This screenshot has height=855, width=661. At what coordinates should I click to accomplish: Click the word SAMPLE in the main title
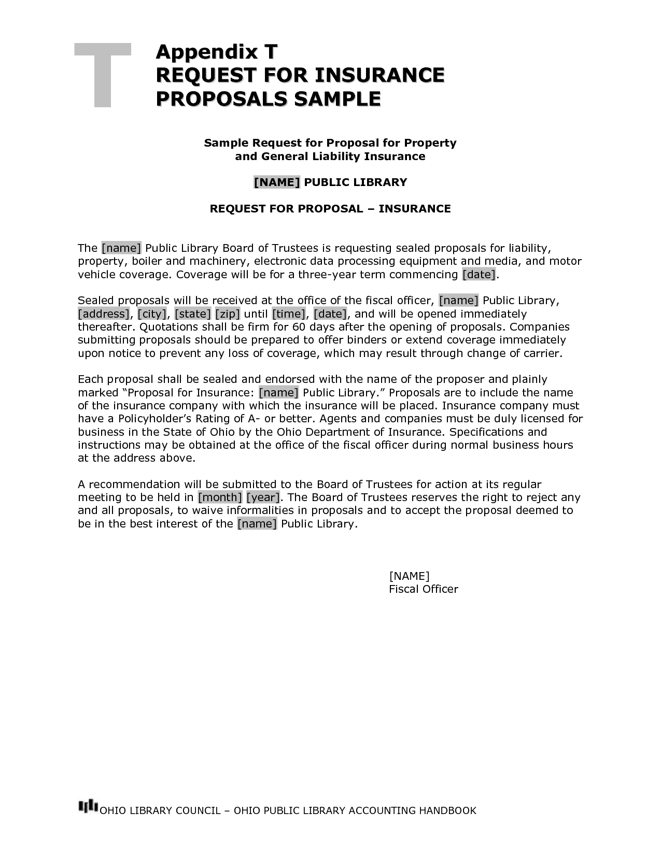pyautogui.click(x=337, y=98)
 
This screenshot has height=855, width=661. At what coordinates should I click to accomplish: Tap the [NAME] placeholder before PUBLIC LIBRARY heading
pyautogui.click(x=276, y=182)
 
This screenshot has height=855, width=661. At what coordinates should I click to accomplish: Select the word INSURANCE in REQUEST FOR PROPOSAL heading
pyautogui.click(x=414, y=209)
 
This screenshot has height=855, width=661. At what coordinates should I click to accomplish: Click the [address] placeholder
pyautogui.click(x=104, y=314)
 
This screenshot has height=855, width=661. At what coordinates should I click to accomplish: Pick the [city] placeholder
pyautogui.click(x=152, y=314)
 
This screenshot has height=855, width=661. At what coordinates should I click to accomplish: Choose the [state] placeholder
pyautogui.click(x=192, y=314)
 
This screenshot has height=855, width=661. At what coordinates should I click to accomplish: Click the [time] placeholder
pyautogui.click(x=289, y=314)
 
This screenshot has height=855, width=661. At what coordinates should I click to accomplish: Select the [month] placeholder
pyautogui.click(x=220, y=497)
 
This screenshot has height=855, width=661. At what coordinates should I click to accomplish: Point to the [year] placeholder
pyautogui.click(x=263, y=497)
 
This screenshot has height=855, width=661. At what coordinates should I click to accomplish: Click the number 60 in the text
pyautogui.click(x=299, y=327)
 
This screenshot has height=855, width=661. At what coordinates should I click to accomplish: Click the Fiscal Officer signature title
pyautogui.click(x=423, y=589)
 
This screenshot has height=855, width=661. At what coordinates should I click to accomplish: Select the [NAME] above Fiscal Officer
pyautogui.click(x=409, y=576)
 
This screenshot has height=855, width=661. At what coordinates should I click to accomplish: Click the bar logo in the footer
pyautogui.click(x=88, y=806)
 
